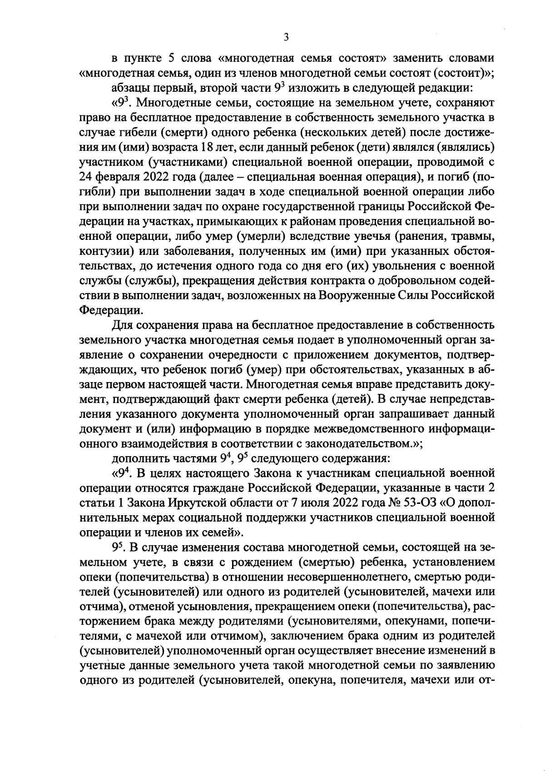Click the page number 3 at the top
point(286,38)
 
